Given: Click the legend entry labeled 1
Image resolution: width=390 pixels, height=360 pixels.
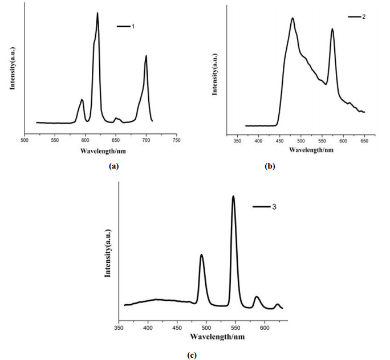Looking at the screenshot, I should (x=128, y=26).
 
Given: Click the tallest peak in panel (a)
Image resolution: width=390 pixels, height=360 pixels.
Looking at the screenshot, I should (x=97, y=13).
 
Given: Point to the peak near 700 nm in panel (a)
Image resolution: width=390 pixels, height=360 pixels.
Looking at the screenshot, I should (x=146, y=56).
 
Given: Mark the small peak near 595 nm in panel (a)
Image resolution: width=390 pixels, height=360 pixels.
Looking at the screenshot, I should (x=82, y=100).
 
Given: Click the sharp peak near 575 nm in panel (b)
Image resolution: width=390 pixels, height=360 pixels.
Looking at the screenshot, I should (x=332, y=29).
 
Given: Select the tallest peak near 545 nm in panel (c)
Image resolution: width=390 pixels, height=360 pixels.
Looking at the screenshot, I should (x=233, y=197).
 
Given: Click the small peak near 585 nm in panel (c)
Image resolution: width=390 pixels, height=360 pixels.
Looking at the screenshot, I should (x=257, y=297).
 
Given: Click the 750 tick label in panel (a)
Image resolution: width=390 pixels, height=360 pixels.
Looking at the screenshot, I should (x=177, y=140).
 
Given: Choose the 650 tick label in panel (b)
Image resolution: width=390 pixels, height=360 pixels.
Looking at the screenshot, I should (x=364, y=139).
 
